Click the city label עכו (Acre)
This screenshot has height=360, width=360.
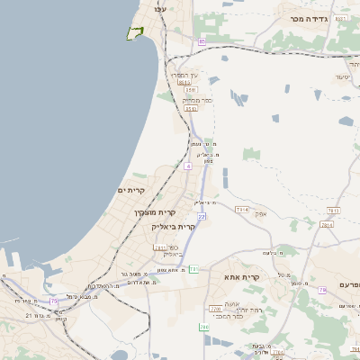coord(161,9)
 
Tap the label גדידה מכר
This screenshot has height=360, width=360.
coord(307,18)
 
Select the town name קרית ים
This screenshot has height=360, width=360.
coord(132,191)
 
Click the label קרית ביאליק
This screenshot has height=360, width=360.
coord(174,227)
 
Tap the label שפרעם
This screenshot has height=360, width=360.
coord(349,284)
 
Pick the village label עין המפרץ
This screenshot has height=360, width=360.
coord(184,75)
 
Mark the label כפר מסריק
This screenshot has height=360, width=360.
coord(197,100)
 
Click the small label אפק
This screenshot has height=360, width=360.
coord(261,213)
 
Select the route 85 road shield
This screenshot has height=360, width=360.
coord(202,41)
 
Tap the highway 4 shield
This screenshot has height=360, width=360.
coord(187,166)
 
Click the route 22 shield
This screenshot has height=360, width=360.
coord(202,216)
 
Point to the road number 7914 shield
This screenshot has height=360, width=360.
coord(242,210)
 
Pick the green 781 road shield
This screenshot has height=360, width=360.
coord(193,269)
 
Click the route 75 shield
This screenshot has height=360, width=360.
coord(54,301)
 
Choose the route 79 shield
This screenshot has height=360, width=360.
coord(322,290)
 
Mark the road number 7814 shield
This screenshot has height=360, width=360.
coord(327,225)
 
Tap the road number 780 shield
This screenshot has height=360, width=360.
coord(205,327)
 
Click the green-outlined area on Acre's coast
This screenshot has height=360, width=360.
coord(135,33)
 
